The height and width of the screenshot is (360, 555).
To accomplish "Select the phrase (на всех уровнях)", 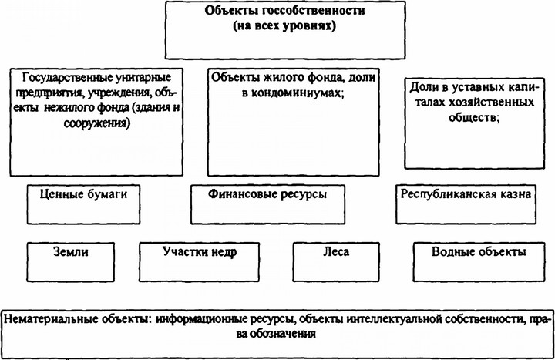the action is click(284, 26).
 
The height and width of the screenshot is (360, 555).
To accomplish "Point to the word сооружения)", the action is click(96, 123).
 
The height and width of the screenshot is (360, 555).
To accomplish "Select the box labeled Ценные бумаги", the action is click(83, 204).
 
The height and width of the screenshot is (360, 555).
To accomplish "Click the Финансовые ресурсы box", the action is click(267, 204).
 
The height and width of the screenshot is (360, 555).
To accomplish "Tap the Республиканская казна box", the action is click(466, 204).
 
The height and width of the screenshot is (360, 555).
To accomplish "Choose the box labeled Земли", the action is click(71, 262).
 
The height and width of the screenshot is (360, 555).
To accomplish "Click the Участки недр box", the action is click(200, 262).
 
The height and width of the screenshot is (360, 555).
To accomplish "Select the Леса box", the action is click(336, 262).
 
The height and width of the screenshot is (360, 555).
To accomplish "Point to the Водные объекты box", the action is click(479, 262).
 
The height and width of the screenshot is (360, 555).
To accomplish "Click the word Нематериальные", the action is click(49, 319).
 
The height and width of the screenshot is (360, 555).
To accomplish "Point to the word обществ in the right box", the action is click(473, 117).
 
